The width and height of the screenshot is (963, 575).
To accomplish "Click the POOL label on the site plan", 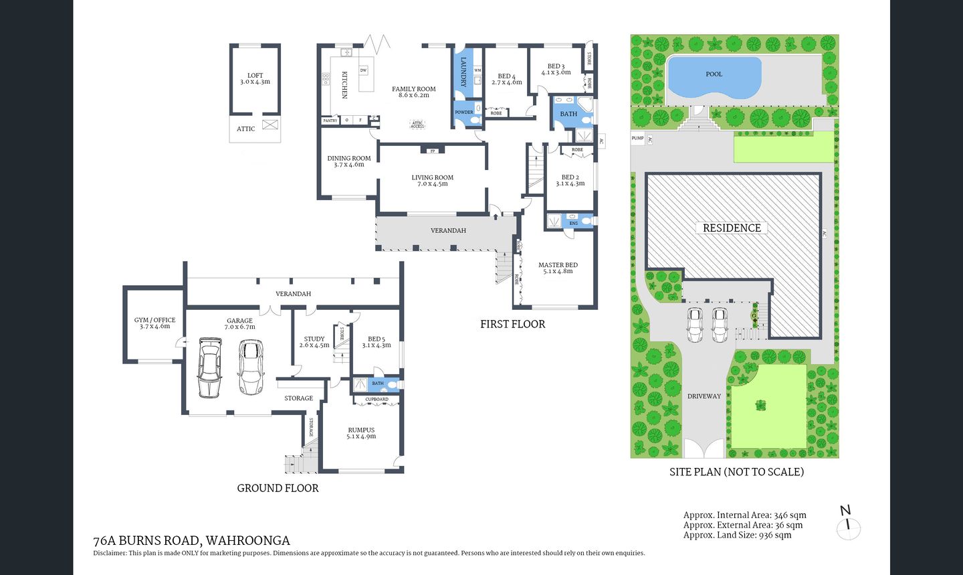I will (x=714, y=74).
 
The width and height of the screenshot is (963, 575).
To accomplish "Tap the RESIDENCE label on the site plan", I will (x=732, y=228).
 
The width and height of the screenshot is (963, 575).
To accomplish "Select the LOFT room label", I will (x=255, y=79).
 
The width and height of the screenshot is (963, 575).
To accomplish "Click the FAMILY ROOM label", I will (x=413, y=92).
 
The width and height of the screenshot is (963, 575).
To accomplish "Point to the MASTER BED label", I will (x=558, y=268).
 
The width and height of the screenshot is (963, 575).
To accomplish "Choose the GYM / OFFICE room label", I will (x=154, y=323).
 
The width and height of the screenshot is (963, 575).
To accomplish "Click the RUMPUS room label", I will (x=361, y=433).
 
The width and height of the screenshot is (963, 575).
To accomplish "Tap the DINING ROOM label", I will (x=348, y=161).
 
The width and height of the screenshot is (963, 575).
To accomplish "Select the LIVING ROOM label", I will (x=432, y=181).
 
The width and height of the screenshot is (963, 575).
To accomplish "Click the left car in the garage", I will (x=209, y=367).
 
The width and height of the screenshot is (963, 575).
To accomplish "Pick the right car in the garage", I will (x=251, y=367).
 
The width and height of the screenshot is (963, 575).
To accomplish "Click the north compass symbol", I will (x=848, y=523).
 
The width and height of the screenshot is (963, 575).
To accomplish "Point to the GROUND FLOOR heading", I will (x=278, y=489).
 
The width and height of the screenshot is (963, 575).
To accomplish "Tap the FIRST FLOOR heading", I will (x=512, y=324).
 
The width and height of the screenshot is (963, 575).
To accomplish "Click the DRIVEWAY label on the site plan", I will (x=704, y=396).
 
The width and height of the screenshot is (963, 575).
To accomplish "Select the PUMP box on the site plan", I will (x=637, y=139).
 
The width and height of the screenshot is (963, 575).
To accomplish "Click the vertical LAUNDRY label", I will (x=463, y=72).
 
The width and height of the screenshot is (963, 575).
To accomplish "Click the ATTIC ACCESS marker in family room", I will (x=417, y=124).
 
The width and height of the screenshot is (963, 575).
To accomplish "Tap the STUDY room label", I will (x=314, y=342).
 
